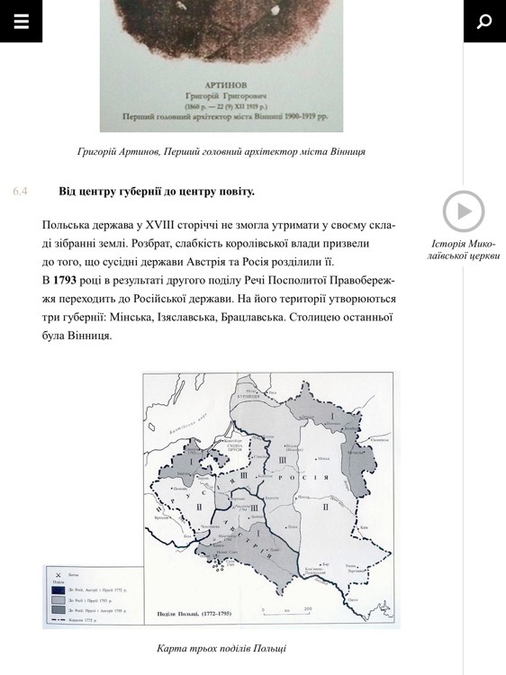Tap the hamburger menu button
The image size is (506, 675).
[x=21, y=22]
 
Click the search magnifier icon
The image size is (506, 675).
[x=484, y=22]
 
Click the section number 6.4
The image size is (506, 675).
[x=21, y=191]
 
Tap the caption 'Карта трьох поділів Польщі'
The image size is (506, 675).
[x=221, y=648]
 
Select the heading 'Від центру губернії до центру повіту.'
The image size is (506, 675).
[x=157, y=191]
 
